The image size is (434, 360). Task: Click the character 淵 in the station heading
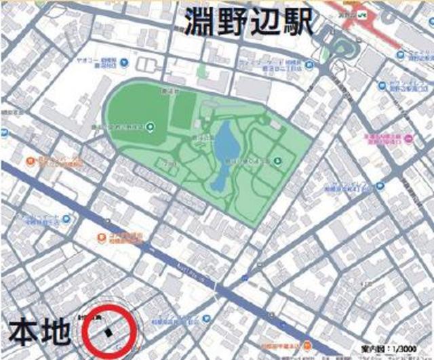pos(200,23)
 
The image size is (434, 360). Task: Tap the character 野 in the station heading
pos(232,23)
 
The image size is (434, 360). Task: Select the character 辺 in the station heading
pos(264,23)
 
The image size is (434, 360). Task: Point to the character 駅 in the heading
pos(296,23)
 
